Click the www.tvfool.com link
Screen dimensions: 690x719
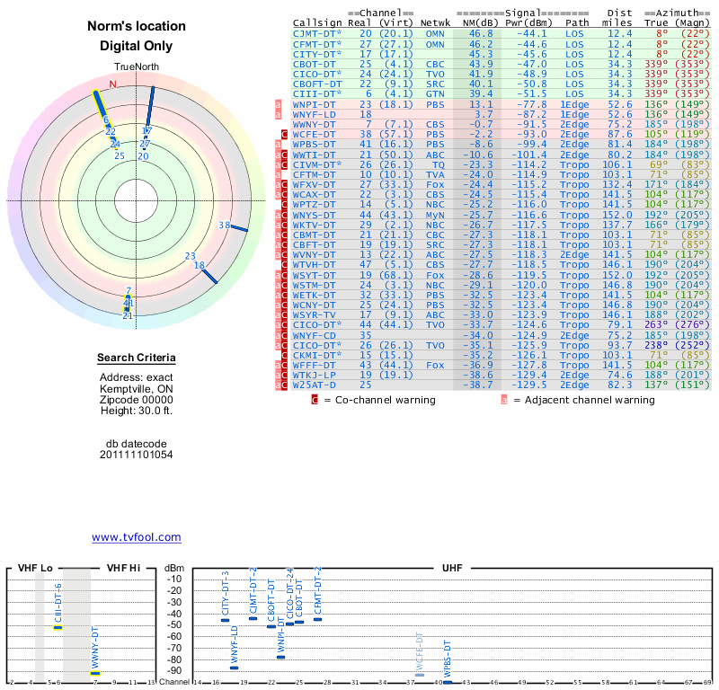pyautogui.click(x=137, y=537)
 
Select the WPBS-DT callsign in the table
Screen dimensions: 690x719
pyautogui.click(x=313, y=144)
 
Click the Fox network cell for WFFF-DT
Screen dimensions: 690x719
pyautogui.click(x=435, y=365)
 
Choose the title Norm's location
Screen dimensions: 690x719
pyautogui.click(x=137, y=27)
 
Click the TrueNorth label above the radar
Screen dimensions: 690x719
pyautogui.click(x=137, y=68)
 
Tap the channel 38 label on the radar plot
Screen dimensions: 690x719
pyautogui.click(x=224, y=226)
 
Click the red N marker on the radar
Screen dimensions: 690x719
pyautogui.click(x=113, y=84)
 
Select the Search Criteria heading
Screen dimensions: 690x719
pyautogui.click(x=137, y=358)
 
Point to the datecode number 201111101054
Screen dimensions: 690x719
pyautogui.click(x=137, y=455)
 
